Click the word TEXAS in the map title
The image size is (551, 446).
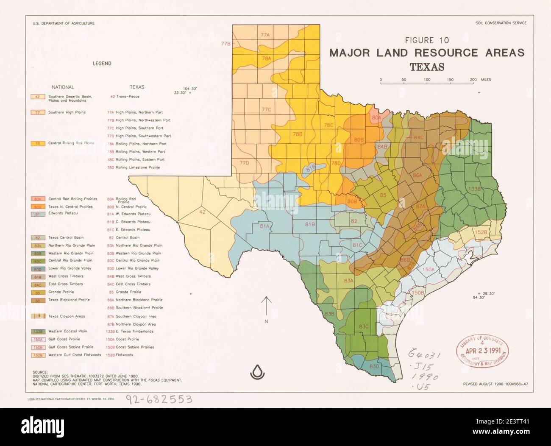click(x=427, y=67)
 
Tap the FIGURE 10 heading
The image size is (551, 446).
click(x=427, y=40)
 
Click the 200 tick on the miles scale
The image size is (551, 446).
click(x=473, y=80)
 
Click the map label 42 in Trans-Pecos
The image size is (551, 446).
click(x=202, y=212)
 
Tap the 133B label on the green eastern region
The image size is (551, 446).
click(x=474, y=189)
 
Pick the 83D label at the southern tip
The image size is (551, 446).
click(x=374, y=366)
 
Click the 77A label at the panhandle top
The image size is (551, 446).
click(x=265, y=35)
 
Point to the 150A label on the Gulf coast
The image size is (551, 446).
click(x=428, y=269)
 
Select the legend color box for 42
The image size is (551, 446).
click(x=38, y=97)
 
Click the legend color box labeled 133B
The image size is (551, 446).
click(x=38, y=332)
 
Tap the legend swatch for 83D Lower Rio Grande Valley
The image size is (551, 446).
click(x=38, y=269)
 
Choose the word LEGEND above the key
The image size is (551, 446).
click(x=102, y=64)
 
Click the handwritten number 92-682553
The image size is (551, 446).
click(x=159, y=399)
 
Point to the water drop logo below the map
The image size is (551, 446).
click(x=257, y=372)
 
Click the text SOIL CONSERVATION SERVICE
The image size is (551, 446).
click(x=501, y=23)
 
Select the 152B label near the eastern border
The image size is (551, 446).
click(x=481, y=232)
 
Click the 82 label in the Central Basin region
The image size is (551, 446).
click(x=354, y=221)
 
